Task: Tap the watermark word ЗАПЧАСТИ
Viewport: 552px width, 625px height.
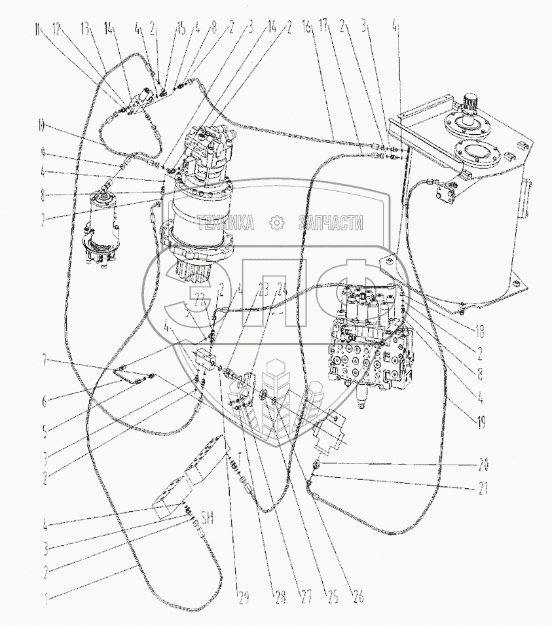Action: point(330,224)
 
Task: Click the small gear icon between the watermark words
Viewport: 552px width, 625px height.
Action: point(278,224)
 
